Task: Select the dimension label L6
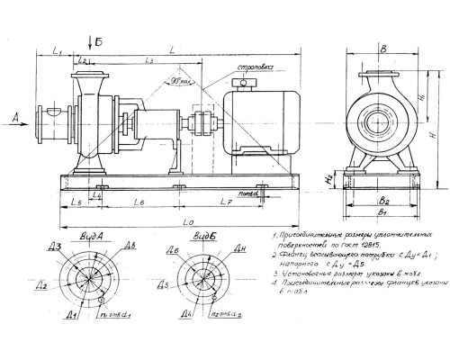pyautogui.click(x=139, y=206)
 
